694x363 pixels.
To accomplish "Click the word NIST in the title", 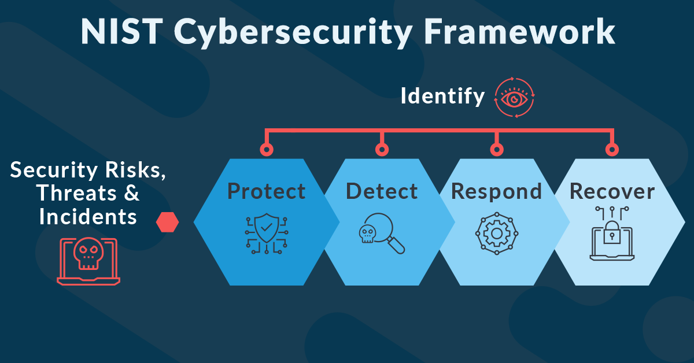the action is tap(122, 32).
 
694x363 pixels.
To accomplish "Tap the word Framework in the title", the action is tap(519, 31).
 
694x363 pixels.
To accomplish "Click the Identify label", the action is tap(442, 97).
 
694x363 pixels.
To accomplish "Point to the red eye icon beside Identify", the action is tap(514, 97).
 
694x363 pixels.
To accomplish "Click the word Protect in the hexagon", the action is tap(267, 191).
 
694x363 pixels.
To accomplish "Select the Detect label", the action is tap(382, 191).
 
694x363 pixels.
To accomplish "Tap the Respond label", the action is tap(496, 192).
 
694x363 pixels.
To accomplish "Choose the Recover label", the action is tap(612, 191).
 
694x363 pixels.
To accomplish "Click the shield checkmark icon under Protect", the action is tap(267, 234).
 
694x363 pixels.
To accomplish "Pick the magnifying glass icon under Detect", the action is tap(382, 234).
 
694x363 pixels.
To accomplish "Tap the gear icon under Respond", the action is tap(497, 234).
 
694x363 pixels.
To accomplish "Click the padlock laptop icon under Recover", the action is tap(612, 234).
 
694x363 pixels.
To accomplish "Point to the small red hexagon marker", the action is tap(167, 222).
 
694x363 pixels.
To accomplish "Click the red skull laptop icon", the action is tap(88, 261).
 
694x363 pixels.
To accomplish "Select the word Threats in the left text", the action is tap(76, 193).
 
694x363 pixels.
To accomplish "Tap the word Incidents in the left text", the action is tap(88, 217).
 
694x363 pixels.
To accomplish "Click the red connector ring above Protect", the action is tap(267, 150).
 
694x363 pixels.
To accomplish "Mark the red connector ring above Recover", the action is tap(612, 150).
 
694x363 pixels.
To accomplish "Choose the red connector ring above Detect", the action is tap(382, 150).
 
